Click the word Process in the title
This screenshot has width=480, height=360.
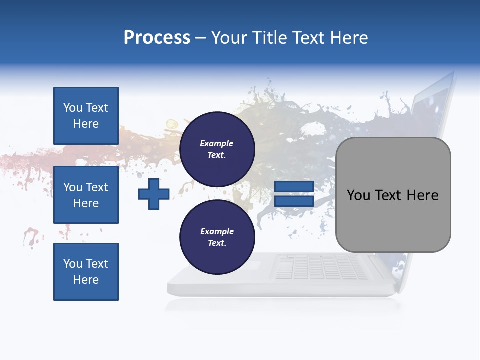point(157,38)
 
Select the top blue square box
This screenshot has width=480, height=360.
point(86,116)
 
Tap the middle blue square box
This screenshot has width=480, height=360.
point(86,195)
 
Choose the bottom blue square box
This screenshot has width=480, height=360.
point(86,272)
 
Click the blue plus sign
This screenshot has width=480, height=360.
point(154,194)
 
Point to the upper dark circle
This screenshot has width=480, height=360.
point(217,149)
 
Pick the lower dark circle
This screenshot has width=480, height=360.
point(217,237)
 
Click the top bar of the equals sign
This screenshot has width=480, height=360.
point(294,186)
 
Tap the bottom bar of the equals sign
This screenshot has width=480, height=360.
point(294,201)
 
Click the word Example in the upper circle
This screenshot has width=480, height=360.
point(217,143)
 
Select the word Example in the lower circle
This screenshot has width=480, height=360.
point(217,231)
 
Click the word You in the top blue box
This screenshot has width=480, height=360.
point(72,108)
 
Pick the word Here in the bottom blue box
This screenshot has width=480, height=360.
point(86,280)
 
